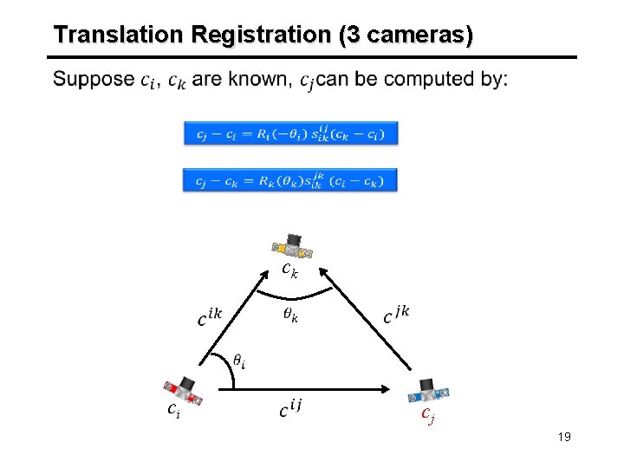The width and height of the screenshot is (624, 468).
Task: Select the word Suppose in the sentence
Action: [93, 80]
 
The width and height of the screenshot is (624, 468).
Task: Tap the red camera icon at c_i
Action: [185, 389]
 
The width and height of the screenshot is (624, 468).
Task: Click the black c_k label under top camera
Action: [290, 270]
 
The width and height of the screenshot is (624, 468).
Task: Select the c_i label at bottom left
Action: [173, 411]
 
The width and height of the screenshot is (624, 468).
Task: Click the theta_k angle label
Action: [290, 315]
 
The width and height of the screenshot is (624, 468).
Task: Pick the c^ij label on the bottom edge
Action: [290, 408]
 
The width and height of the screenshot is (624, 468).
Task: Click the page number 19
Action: [564, 437]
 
